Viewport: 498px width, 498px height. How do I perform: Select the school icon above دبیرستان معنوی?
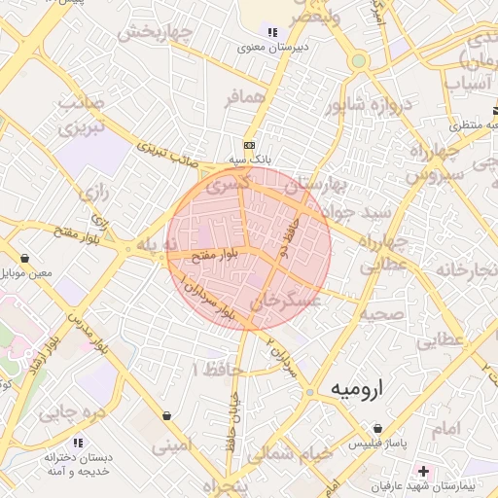[271, 32]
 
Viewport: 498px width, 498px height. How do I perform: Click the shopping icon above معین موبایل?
[23, 260]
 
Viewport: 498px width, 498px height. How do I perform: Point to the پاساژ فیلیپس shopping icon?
[378, 428]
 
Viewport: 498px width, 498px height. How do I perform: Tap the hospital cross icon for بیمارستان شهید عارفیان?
[422, 470]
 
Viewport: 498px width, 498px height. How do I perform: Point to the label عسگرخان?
[292, 304]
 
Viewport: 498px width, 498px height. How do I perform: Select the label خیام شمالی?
[289, 453]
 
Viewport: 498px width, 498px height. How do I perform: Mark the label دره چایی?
[70, 412]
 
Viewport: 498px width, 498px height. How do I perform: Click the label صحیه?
[381, 314]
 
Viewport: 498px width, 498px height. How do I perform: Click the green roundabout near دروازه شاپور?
[359, 60]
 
